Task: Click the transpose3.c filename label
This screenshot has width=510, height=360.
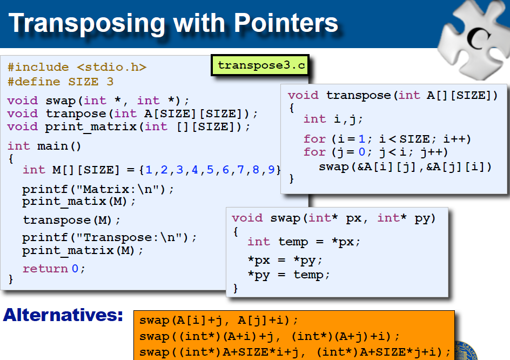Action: pyautogui.click(x=261, y=66)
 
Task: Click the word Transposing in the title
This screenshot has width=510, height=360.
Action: pyautogui.click(x=86, y=23)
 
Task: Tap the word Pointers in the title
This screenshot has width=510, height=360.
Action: pyautogui.click(x=286, y=23)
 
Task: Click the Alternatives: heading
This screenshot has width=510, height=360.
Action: pyautogui.click(x=63, y=316)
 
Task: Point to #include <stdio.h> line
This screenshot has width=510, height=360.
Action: pyautogui.click(x=77, y=68)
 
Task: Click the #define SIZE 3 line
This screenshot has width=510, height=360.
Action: pyautogui.click(x=61, y=82)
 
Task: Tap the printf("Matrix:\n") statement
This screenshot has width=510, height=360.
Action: pyautogui.click(x=98, y=189)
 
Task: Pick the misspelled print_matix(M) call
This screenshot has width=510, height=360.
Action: pyautogui.click(x=79, y=202)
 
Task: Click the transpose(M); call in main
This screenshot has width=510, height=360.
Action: pyautogui.click(x=72, y=221)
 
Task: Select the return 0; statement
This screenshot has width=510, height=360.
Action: pyautogui.click(x=54, y=269)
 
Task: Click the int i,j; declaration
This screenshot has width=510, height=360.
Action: pyautogui.click(x=333, y=119)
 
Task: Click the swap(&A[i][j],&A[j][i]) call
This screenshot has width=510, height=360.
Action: pyautogui.click(x=405, y=166)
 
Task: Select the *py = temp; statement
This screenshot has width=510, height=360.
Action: pyautogui.click(x=288, y=275)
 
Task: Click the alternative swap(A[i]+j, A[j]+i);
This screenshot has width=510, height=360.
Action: pyautogui.click(x=219, y=320)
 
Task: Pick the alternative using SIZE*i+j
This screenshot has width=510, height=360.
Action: pyautogui.click(x=294, y=352)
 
